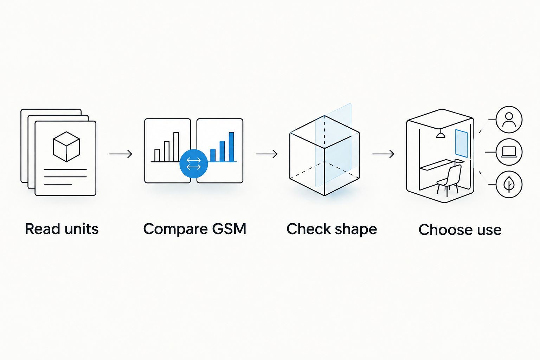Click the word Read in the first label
tap(43, 229)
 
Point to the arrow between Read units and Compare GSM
tap(121, 154)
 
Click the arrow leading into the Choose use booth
tap(383, 154)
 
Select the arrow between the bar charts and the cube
tap(266, 154)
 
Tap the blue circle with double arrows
tap(194, 164)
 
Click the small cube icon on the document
tap(66, 147)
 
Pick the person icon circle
tap(509, 120)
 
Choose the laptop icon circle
tap(509, 152)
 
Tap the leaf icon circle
tap(509, 185)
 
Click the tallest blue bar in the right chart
tap(231, 147)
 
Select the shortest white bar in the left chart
tap(157, 155)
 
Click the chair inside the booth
tap(449, 180)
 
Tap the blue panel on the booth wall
tap(461, 143)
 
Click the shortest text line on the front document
tap(58, 184)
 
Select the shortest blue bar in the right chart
tap(213, 155)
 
